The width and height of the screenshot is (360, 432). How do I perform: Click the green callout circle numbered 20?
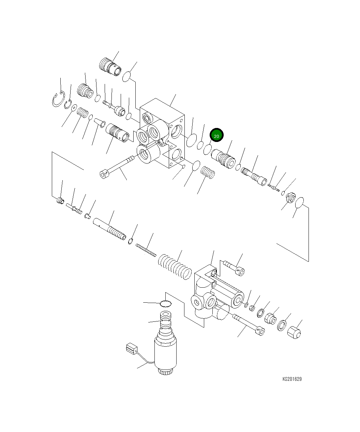[216, 135]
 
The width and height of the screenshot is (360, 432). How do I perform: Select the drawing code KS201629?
[292, 379]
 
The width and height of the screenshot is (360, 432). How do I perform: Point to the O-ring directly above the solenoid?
[165, 303]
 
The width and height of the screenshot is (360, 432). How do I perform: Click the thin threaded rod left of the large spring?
[146, 250]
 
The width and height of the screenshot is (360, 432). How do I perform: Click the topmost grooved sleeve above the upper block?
[110, 67]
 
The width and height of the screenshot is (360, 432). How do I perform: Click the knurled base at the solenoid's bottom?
[166, 371]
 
